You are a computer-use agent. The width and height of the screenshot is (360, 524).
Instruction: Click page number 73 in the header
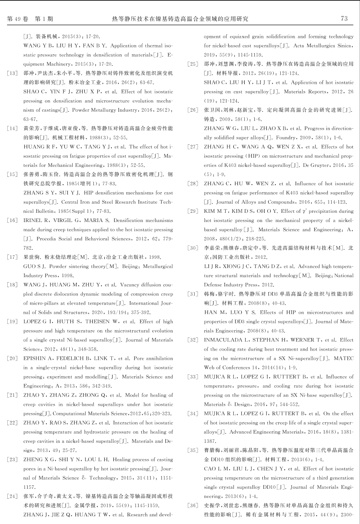344,18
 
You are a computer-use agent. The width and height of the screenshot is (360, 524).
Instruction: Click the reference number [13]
12,73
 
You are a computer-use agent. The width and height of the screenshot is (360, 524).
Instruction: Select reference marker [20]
12,358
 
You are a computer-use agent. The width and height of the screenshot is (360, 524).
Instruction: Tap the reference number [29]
193,211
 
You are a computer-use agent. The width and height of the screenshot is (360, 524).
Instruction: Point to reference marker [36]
193,505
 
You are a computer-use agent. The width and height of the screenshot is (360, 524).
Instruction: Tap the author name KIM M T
216,211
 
